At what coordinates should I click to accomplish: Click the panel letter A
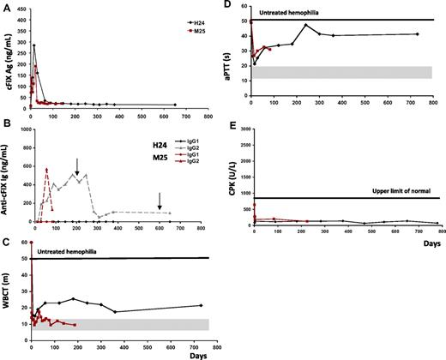7,8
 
